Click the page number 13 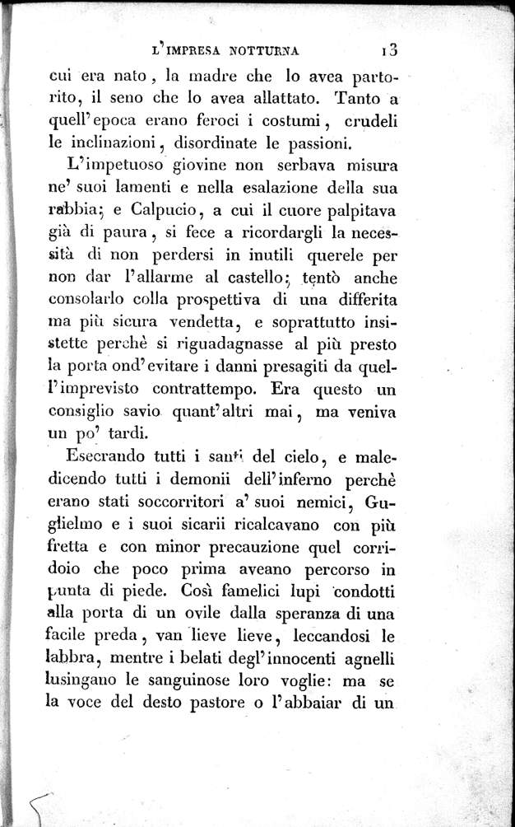pos(388,49)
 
